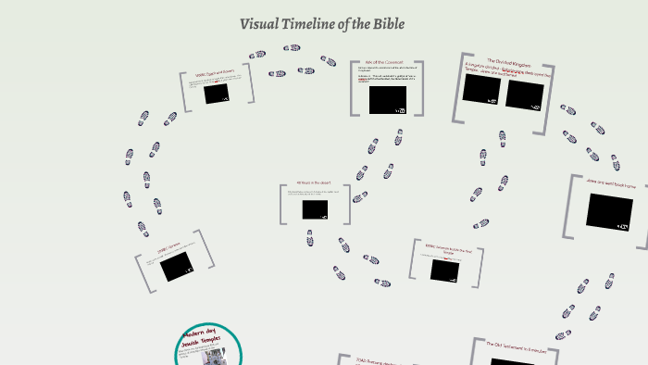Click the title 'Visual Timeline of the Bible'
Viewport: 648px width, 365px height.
pos(322,22)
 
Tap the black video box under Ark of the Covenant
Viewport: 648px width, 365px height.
pos(387,99)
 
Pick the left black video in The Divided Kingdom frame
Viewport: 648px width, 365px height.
pos(481,89)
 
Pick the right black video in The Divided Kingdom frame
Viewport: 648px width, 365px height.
pos(524,94)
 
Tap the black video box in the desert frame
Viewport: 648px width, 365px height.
pos(315,209)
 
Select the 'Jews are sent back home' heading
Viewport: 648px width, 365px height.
pos(610,184)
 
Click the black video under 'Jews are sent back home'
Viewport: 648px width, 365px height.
pos(609,211)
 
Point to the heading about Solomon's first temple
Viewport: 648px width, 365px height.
pos(449,247)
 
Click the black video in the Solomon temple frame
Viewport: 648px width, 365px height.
pos(449,270)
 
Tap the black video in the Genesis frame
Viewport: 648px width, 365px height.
pos(175,267)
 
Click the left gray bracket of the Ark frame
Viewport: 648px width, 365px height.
pos(354,88)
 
